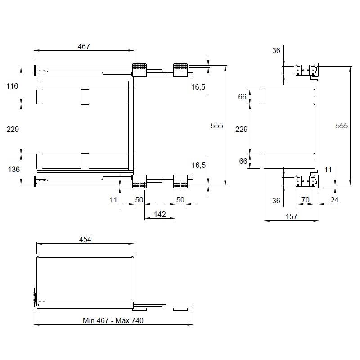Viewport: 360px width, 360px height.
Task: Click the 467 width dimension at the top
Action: [84, 46]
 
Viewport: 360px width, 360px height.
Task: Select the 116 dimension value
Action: [13, 85]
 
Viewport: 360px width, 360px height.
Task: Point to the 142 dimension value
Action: [160, 215]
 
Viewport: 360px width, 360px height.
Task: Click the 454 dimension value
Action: [85, 239]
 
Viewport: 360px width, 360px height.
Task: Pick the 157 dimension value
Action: [291, 216]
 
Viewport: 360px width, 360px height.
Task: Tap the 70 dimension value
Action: [305, 200]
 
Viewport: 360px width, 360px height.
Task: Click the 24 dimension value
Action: [334, 200]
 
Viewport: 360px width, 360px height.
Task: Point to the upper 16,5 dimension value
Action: [198, 87]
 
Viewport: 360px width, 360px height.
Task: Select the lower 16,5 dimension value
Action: [198, 165]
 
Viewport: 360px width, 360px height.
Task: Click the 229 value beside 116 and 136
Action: [13, 129]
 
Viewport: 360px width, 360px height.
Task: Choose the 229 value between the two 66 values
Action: [242, 129]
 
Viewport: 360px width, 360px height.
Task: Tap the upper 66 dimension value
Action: [243, 97]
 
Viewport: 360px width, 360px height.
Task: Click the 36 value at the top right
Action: [276, 50]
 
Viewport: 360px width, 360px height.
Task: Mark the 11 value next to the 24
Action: [328, 170]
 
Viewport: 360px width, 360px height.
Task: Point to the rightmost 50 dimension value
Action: [180, 199]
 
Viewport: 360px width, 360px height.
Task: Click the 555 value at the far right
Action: [342, 126]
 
